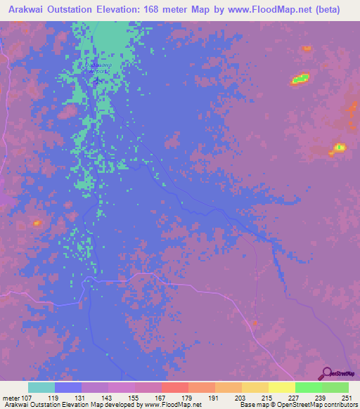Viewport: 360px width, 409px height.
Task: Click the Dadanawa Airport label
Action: (x=98, y=68)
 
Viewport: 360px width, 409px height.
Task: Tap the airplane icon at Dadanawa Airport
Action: (x=96, y=79)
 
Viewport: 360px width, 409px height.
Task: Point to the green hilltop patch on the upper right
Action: (x=300, y=79)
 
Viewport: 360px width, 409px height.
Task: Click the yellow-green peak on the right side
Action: (x=339, y=148)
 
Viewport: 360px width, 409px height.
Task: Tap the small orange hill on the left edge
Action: (x=37, y=223)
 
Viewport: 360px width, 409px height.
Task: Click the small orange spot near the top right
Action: (x=306, y=48)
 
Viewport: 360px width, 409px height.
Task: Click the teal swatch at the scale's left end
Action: (x=41, y=387)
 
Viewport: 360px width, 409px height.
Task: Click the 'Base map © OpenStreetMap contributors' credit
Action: (x=297, y=405)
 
